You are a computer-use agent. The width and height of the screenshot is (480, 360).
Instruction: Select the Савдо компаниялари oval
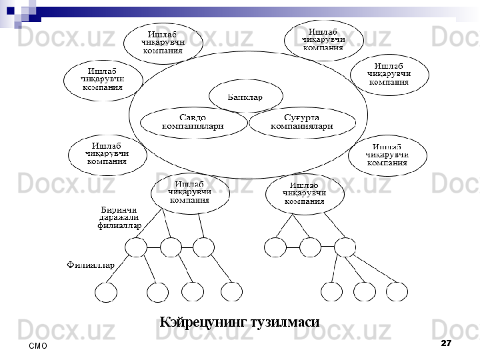point(193,122)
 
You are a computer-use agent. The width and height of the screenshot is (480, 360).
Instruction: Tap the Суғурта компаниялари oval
point(302,123)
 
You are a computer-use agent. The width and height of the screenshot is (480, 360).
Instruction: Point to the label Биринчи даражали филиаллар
point(119,217)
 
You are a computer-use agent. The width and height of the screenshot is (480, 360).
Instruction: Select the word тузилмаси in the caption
point(283,322)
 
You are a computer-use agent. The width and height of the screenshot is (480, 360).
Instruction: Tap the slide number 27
point(446,343)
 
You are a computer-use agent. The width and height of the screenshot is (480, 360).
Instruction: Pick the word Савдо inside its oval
point(193,117)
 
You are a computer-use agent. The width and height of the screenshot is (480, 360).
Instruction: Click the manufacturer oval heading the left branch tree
point(190,191)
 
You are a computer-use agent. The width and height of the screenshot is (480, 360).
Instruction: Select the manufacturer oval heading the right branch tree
point(304,193)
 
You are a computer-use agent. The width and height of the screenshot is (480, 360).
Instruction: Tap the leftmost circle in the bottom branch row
point(106,292)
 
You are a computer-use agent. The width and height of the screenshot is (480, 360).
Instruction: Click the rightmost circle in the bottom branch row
point(397,291)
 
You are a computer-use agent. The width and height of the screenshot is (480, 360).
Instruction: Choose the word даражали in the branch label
point(119,217)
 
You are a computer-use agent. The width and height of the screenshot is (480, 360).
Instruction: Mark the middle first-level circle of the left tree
point(171,247)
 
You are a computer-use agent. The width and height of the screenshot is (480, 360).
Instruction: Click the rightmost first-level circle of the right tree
point(345,247)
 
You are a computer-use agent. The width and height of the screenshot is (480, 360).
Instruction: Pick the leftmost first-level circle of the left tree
point(136,247)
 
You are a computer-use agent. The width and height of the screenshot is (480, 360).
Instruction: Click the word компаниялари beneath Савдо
point(193,126)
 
